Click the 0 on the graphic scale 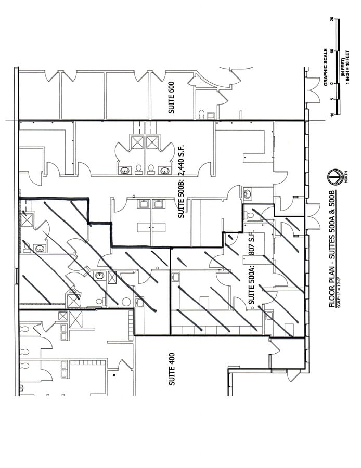click(x=332, y=82)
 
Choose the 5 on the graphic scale click(x=332, y=98)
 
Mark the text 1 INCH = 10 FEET click(x=347, y=68)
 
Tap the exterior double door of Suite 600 click(x=314, y=92)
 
